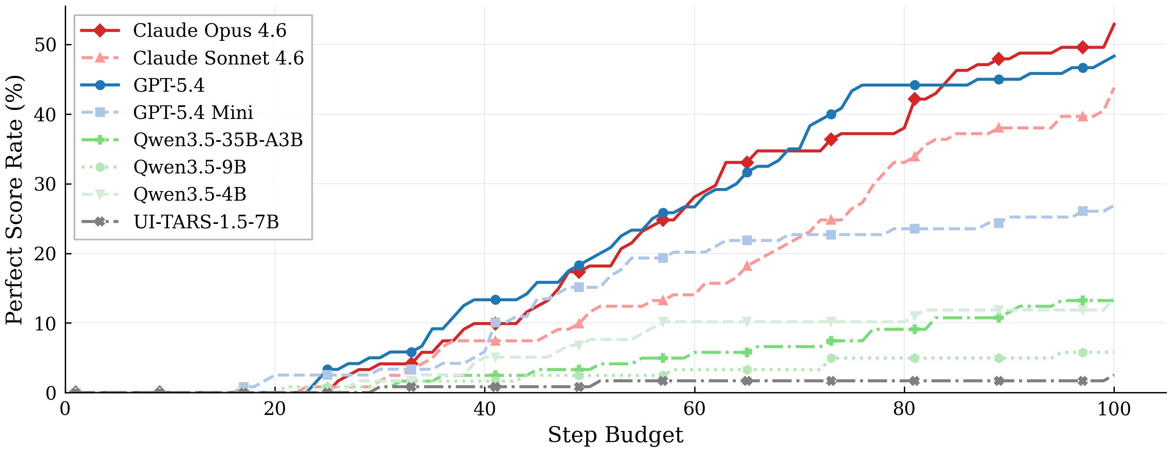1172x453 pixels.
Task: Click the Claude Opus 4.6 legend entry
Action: pyautogui.click(x=209, y=30)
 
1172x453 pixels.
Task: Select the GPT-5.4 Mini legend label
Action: pyautogui.click(x=193, y=113)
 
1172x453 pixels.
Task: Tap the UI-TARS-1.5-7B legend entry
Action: pyautogui.click(x=206, y=222)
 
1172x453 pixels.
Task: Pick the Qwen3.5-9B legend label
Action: pyautogui.click(x=189, y=167)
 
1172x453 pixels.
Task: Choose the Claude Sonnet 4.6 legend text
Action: pyautogui.click(x=218, y=58)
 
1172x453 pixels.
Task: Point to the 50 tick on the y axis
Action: pyautogui.click(x=45, y=44)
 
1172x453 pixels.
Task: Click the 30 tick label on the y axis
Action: pyautogui.click(x=45, y=184)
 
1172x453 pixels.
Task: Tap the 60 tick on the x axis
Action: pyautogui.click(x=694, y=409)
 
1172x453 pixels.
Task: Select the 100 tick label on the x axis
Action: pyautogui.click(x=1114, y=409)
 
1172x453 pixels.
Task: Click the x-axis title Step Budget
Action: pyautogui.click(x=615, y=435)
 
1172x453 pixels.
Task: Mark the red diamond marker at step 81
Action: pyautogui.click(x=914, y=99)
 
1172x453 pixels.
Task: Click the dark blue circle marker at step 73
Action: pyautogui.click(x=831, y=114)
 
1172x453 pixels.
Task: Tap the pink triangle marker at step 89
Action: pyautogui.click(x=999, y=128)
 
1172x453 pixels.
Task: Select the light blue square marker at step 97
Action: pyautogui.click(x=1083, y=211)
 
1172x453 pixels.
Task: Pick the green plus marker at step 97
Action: pyautogui.click(x=1083, y=300)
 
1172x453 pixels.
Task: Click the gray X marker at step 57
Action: pyautogui.click(x=663, y=381)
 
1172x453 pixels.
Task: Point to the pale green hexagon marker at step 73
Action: pyautogui.click(x=831, y=358)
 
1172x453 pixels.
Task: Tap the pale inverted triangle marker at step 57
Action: pyautogui.click(x=663, y=321)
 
